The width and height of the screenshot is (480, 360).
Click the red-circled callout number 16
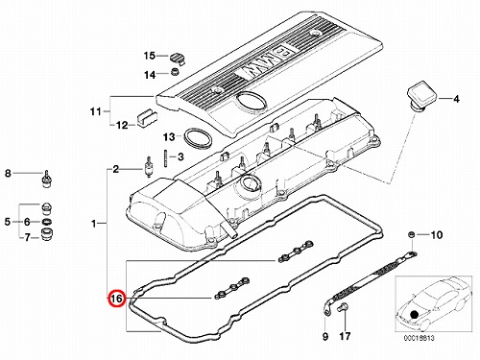(x=116, y=299)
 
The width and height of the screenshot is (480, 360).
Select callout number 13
(x=169, y=137)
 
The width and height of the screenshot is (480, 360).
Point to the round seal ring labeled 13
(x=198, y=138)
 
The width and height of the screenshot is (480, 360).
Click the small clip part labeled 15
(x=177, y=58)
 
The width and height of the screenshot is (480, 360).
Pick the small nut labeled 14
(x=175, y=72)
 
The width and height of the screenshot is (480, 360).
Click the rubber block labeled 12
(x=148, y=117)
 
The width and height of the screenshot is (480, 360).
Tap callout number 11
(x=96, y=111)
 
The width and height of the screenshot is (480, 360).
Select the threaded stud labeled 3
(x=166, y=157)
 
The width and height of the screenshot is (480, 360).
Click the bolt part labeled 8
(x=47, y=180)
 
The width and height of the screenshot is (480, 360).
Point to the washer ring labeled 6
(x=47, y=222)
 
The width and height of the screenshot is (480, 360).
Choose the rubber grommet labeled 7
(x=47, y=234)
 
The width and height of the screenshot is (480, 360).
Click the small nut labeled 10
(x=412, y=235)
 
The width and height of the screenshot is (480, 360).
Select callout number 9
(x=325, y=336)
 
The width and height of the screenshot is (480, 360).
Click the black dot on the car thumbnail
(x=415, y=314)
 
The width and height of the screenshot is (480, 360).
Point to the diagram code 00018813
(x=419, y=338)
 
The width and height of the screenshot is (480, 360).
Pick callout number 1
(x=93, y=224)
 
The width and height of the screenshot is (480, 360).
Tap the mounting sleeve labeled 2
(x=149, y=166)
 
